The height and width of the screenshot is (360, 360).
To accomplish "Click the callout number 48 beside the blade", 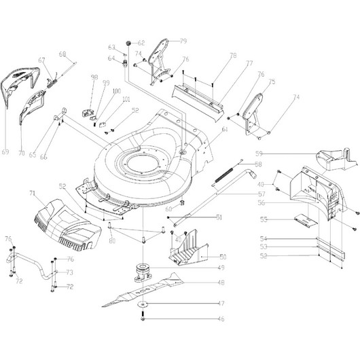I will click(x=221, y=283).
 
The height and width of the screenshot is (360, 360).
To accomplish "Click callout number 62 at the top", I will click(x=142, y=42).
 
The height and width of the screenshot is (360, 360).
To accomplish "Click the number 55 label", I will click(x=264, y=219).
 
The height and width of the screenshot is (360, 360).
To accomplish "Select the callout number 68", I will click(x=62, y=54).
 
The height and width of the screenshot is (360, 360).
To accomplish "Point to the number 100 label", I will click(x=116, y=91).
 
